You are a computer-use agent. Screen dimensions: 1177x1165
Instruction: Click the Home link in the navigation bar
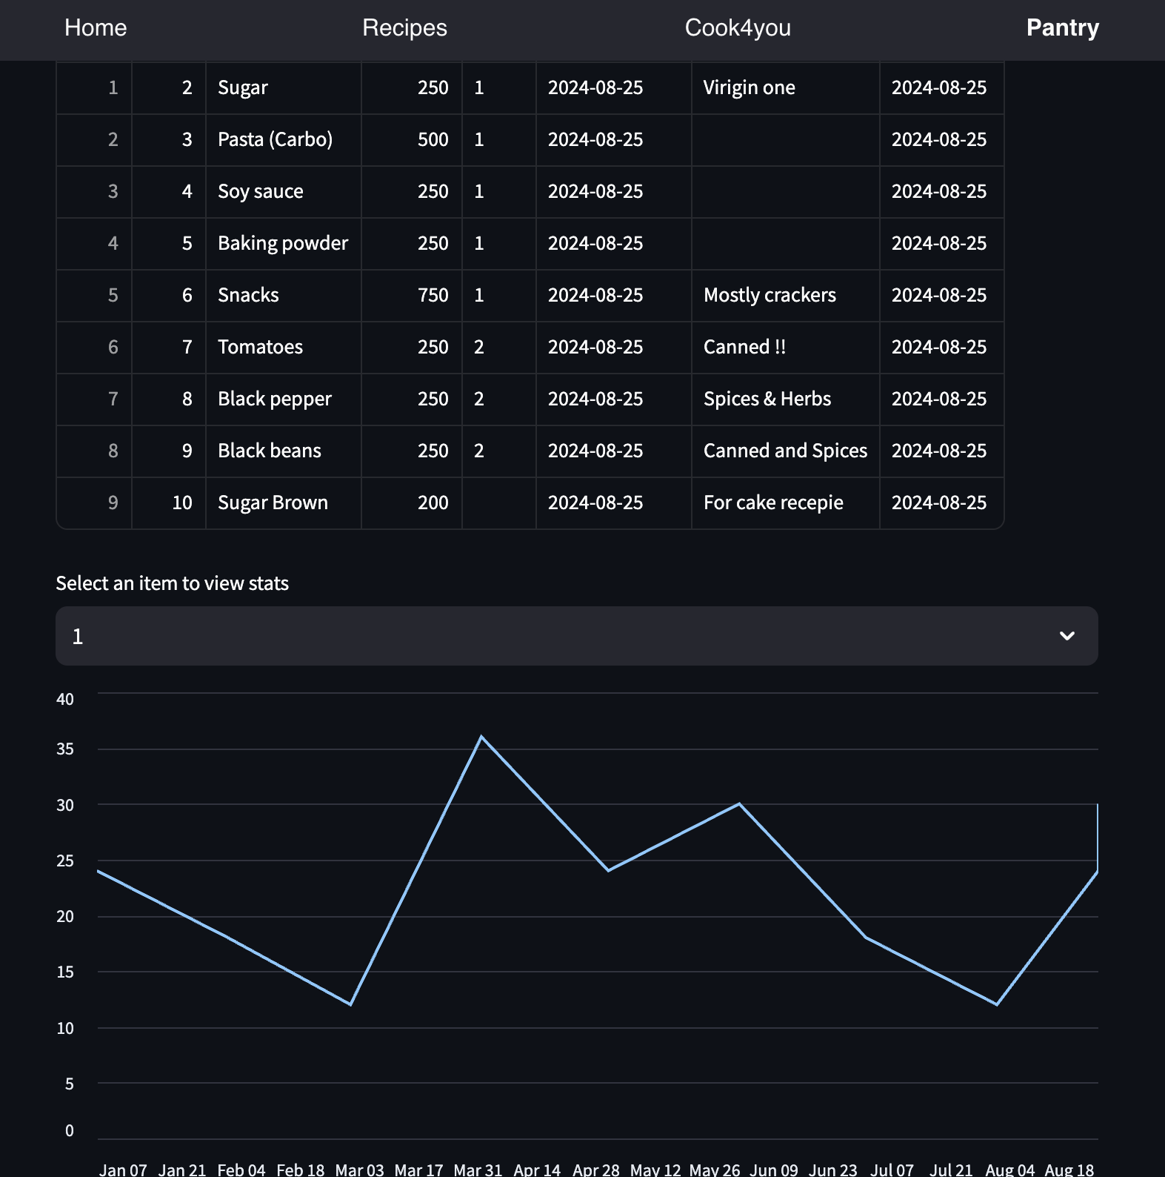96,28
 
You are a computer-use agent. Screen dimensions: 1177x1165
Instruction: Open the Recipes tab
404,28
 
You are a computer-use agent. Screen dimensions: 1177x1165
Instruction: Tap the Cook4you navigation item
738,28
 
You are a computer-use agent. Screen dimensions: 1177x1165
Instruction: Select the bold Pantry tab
1062,28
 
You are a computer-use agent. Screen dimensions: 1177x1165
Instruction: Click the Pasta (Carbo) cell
275,140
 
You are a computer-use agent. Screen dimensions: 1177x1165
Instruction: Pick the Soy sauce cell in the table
261,192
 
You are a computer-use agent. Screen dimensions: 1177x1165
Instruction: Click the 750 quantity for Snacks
433,296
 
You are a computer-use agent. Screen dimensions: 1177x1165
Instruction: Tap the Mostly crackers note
770,296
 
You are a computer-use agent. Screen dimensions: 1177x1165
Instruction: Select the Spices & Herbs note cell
767,399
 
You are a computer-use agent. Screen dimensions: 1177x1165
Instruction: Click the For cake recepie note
773,503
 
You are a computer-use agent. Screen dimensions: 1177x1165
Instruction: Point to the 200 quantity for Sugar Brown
433,503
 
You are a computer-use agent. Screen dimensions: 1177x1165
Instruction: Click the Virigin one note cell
749,88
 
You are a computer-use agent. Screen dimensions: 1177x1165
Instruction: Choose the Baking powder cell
283,244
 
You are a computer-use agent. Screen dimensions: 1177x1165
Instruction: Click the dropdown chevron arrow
1066,636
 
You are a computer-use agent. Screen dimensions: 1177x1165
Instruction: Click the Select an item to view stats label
173,583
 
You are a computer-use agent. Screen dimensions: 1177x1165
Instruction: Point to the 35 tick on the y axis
65,749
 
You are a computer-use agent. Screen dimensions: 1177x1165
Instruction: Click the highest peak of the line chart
481,737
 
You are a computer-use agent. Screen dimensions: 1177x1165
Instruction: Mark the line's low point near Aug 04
997,1004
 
